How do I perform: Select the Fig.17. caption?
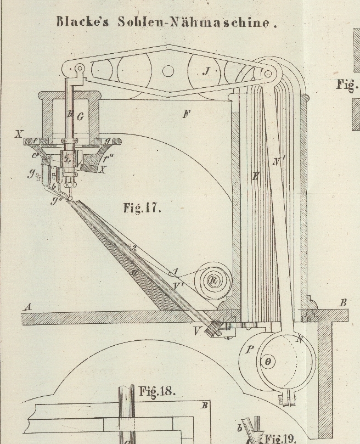tap(143, 209)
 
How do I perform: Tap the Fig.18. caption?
tap(157, 391)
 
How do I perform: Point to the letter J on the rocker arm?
tap(206, 70)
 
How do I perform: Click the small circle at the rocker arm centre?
tap(168, 70)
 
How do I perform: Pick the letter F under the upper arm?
tap(187, 114)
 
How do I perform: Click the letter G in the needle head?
tap(81, 116)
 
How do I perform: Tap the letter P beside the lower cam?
tap(250, 349)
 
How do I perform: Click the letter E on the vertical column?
tap(255, 177)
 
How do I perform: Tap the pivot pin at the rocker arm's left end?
tap(80, 68)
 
